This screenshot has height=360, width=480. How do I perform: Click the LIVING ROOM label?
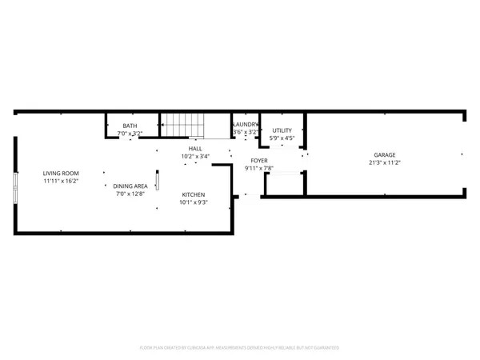point(61,173)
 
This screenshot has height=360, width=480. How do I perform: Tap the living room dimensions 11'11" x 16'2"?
point(61,181)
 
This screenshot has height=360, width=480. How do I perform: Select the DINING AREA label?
point(130,186)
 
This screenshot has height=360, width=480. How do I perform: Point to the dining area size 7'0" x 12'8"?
point(130,194)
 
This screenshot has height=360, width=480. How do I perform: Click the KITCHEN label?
point(194,195)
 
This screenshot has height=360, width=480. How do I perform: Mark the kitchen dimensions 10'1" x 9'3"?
point(194,203)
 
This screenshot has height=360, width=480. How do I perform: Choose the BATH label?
point(130,127)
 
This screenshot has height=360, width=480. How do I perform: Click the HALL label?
point(195,149)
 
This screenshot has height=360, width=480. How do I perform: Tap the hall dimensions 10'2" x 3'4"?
point(195,157)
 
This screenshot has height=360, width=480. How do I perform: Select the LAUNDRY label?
point(245,125)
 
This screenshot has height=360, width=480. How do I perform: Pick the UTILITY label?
point(282,130)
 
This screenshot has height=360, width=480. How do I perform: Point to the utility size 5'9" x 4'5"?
point(282,138)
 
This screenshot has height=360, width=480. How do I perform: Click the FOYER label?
point(259,160)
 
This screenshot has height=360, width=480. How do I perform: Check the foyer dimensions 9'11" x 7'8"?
point(259,168)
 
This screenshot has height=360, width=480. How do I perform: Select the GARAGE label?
point(385,154)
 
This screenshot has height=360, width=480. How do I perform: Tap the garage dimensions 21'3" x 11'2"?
point(385,162)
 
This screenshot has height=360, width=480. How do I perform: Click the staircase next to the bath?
point(183,125)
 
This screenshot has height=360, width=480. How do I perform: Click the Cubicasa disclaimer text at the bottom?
point(239,348)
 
